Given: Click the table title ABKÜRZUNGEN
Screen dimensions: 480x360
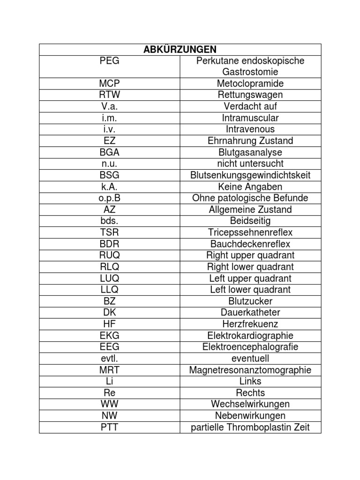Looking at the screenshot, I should coord(180,50).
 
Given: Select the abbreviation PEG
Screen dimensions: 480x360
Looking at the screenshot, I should coord(109,61).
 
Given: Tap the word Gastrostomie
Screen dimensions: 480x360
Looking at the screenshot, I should coord(250,72).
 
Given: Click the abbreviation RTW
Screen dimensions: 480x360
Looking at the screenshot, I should coord(109,95).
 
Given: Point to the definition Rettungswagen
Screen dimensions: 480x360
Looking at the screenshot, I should coord(250,95).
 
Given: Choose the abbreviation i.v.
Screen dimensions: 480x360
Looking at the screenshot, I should coord(109,129).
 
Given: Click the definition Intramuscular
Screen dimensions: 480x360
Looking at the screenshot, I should coord(250,118).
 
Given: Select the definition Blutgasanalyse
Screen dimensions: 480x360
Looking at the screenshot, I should coord(250,152).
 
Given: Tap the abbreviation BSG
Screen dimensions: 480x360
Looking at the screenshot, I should coord(109,175).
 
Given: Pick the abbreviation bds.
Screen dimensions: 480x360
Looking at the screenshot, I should coord(109,221).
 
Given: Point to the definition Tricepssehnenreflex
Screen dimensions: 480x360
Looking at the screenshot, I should coord(250,232).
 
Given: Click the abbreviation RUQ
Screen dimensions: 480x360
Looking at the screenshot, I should coord(109,255).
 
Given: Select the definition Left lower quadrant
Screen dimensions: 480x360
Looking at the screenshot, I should coord(250,290).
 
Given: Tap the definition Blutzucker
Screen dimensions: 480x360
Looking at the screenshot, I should coord(250,301).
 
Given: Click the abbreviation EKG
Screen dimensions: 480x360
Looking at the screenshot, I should coord(109,336).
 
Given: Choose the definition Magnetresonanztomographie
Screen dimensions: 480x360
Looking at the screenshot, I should coord(250,370).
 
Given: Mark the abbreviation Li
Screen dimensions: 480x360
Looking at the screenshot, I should coord(109,381).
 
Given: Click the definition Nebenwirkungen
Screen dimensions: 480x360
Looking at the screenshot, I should coord(250,416).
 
